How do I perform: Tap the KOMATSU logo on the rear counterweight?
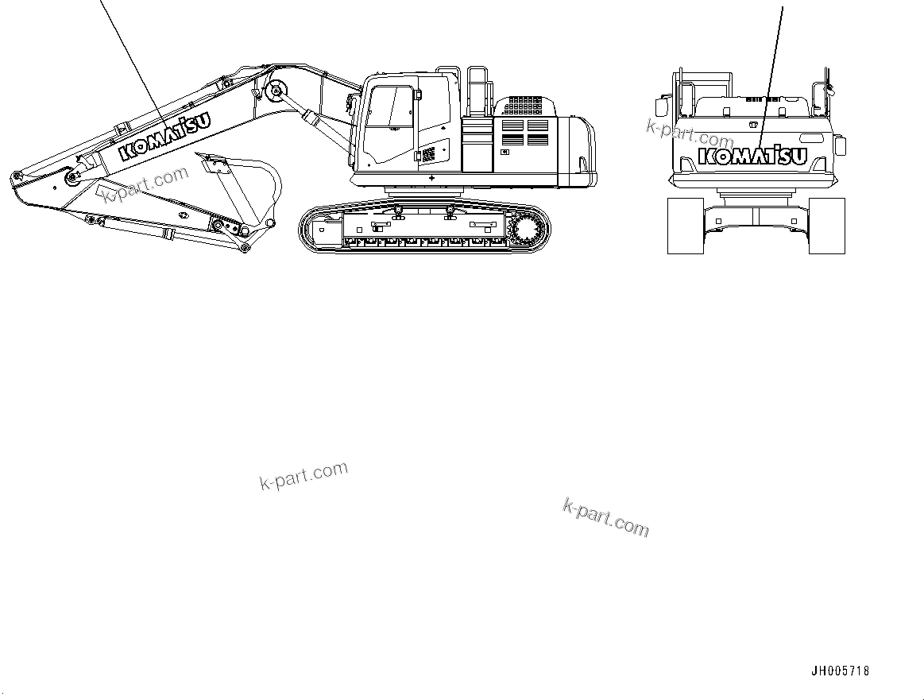(752, 157)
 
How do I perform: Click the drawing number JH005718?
(840, 671)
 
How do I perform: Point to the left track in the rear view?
(686, 226)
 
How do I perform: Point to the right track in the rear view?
(826, 226)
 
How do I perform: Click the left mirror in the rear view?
(659, 104)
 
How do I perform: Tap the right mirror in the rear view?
(840, 145)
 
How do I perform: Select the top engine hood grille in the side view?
(524, 106)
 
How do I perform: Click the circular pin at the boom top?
(276, 92)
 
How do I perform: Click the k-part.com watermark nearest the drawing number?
(605, 516)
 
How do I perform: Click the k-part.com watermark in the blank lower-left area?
(303, 475)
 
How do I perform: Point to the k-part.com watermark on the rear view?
(690, 132)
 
